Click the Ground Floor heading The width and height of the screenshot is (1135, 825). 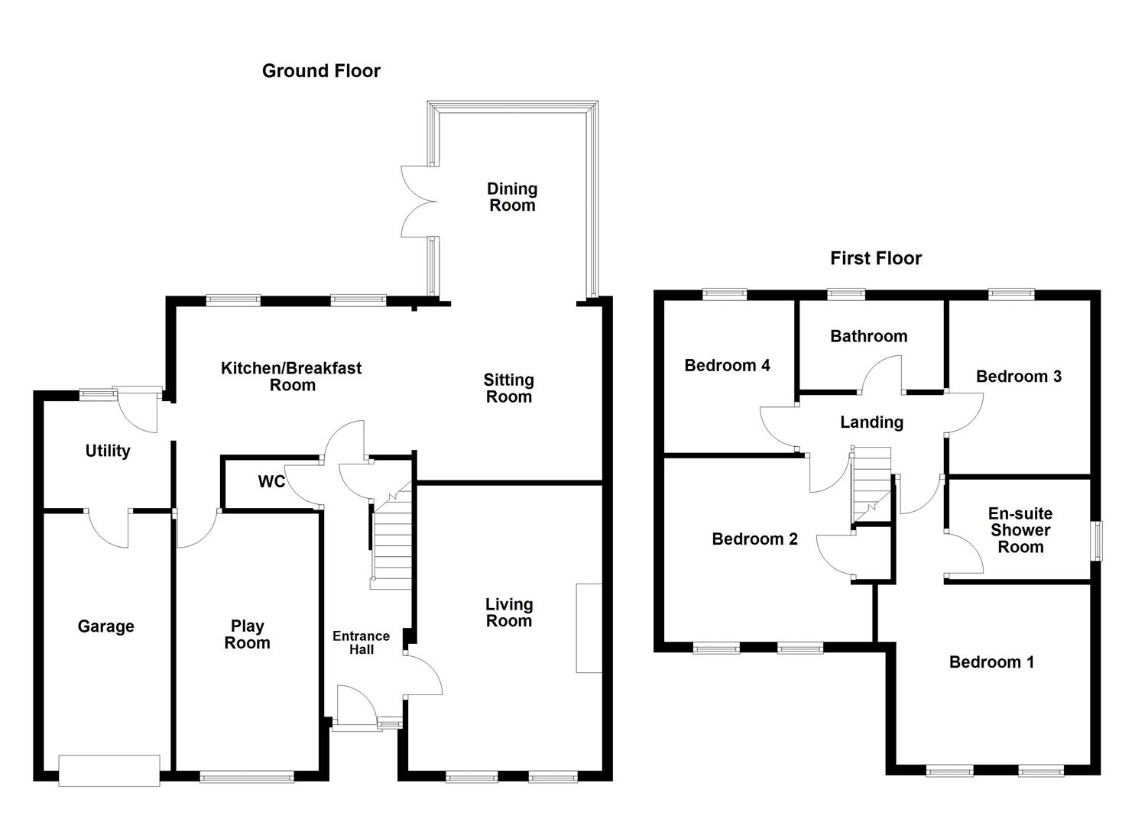[321, 71]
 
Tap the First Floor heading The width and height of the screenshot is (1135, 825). [876, 258]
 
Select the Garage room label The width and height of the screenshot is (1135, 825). [105, 626]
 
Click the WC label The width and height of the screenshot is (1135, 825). [271, 482]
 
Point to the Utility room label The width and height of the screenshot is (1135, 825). [108, 451]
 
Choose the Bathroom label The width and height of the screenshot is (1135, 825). [869, 336]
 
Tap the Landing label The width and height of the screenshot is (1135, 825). [871, 422]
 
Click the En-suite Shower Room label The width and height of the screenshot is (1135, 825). [1020, 530]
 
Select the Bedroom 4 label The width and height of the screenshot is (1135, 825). [727, 365]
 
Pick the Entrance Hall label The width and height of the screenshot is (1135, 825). [362, 642]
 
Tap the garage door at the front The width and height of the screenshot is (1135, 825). [109, 770]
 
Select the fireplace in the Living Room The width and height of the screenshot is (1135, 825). [589, 628]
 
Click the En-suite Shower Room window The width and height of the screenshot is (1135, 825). [1096, 541]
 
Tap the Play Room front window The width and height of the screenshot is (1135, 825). [246, 777]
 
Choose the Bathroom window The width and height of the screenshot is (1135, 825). [846, 293]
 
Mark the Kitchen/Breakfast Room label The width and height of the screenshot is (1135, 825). [291, 377]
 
